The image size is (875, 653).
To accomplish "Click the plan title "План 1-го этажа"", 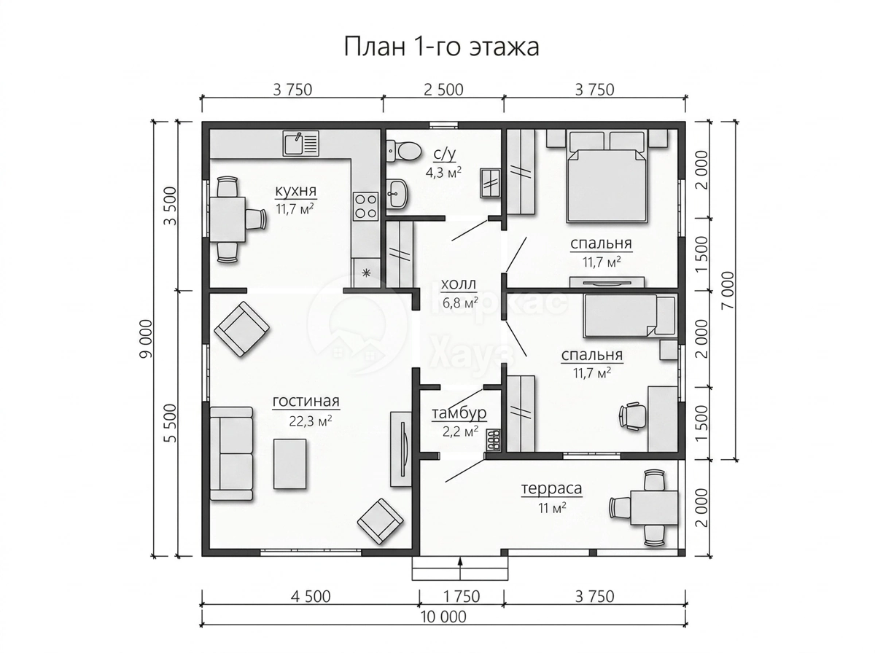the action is click(x=441, y=47).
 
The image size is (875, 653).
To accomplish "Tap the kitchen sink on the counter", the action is click(x=300, y=144).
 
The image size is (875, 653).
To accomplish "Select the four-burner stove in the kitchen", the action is click(x=365, y=206).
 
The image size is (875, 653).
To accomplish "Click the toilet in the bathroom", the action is click(x=403, y=151).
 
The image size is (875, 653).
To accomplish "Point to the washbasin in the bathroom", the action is click(x=397, y=194).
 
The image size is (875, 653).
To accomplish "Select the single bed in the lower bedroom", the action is click(x=630, y=315).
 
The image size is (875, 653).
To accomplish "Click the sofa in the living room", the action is click(x=231, y=453).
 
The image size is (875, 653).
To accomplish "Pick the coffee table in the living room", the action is click(x=289, y=464).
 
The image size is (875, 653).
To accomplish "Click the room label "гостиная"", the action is click(x=306, y=401).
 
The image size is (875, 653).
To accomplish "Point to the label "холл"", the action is click(x=459, y=284).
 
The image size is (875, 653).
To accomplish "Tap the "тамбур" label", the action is click(x=459, y=413).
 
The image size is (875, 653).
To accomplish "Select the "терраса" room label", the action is click(x=552, y=488).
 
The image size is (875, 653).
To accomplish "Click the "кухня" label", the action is click(x=295, y=191).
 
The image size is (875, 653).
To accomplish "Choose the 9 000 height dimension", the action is click(x=147, y=339).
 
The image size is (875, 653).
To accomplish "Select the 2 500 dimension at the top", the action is click(x=443, y=90).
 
